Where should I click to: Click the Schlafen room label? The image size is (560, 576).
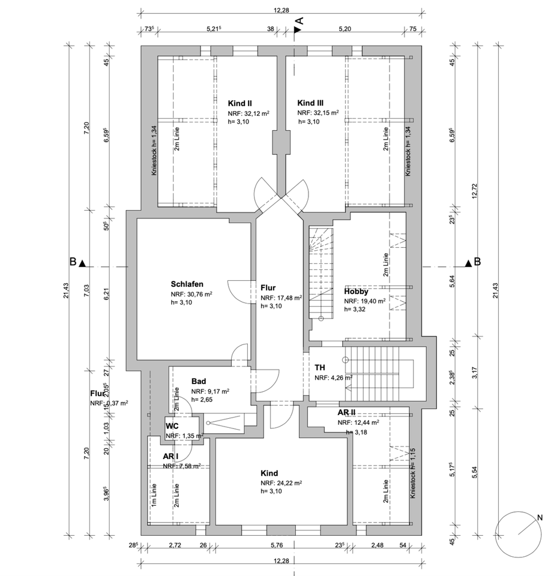pyautogui.click(x=187, y=284)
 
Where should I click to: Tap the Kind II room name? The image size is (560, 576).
pyautogui.click(x=239, y=103)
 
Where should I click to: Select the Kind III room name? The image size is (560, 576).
pyautogui.click(x=310, y=103)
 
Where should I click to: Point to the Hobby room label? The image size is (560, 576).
pyautogui.click(x=356, y=292)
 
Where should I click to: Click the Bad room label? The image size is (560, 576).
pyautogui.click(x=199, y=382)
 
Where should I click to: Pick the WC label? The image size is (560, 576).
pyautogui.click(x=172, y=427)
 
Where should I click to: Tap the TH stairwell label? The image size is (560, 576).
pyautogui.click(x=320, y=368)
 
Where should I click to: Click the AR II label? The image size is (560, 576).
pyautogui.click(x=348, y=413)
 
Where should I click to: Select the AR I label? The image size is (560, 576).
pyautogui.click(x=171, y=456)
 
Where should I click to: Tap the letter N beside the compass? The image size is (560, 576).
pyautogui.click(x=540, y=517)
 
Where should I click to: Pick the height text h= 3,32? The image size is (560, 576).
pyautogui.click(x=355, y=310)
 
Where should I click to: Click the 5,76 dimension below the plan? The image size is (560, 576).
pyautogui.click(x=276, y=545)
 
